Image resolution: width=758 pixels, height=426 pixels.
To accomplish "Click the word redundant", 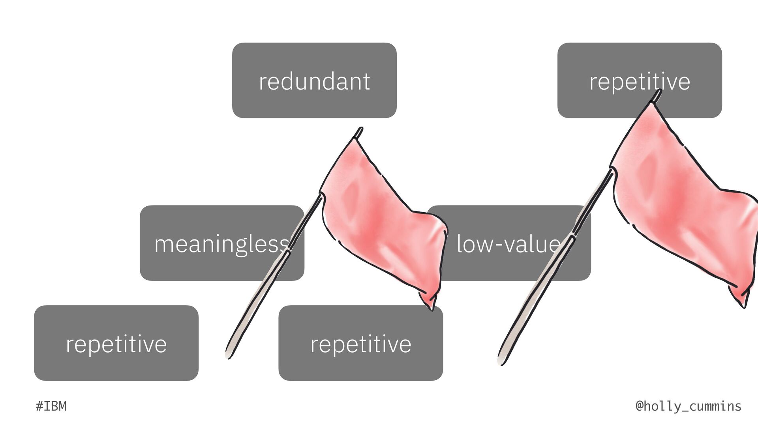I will [x=314, y=81].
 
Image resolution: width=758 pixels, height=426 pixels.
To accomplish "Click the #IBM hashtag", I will [x=51, y=406].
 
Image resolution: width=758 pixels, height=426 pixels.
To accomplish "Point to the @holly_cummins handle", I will [x=689, y=406].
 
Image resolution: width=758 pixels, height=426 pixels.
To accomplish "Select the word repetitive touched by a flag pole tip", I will [x=640, y=82].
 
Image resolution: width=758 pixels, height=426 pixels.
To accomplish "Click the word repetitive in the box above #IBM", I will [x=116, y=344].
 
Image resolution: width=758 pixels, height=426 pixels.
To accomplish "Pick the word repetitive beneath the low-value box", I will [x=360, y=344].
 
